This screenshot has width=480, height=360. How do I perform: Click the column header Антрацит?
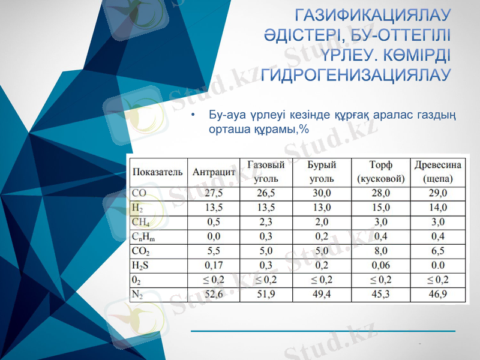214,172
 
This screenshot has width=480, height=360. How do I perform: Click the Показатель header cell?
157,172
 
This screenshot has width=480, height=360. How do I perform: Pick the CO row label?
139,193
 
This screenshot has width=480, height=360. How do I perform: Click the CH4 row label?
140,222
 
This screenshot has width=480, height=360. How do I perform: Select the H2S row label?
141,265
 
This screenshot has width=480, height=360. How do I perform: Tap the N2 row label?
137,294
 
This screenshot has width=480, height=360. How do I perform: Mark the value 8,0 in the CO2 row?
381,251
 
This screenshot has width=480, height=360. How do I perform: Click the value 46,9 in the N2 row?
439,294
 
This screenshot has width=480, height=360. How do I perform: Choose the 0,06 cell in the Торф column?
381,265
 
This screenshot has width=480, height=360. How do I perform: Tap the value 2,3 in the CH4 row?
266,222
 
